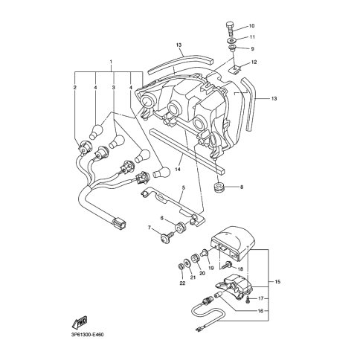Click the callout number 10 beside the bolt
pos(251,26)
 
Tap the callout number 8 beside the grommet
pos(242,187)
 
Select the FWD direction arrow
pos(80,323)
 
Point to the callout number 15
pos(277,282)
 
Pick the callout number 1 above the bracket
pos(111,61)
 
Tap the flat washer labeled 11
pos(232,40)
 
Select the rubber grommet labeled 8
pos(218,187)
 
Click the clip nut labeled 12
pos(234,68)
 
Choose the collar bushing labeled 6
pos(179,228)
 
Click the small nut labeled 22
pos(181,267)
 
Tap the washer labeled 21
pos(187,263)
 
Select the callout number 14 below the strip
pos(178,170)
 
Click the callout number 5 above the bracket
pos(183,187)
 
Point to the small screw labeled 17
pos(248,300)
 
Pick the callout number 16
pos(260,311)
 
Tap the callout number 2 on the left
pos(75,87)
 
